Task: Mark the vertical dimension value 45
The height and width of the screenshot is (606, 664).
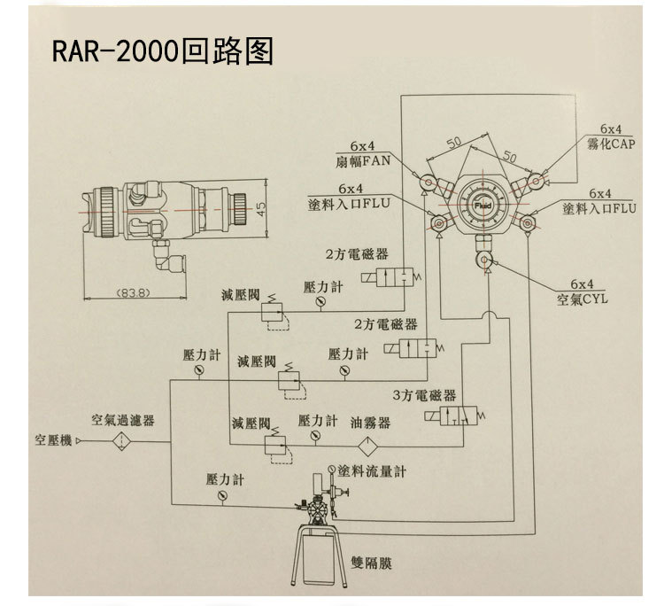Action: [259, 206]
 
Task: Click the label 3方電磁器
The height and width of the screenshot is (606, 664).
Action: [424, 395]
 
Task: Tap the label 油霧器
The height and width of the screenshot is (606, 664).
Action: [370, 423]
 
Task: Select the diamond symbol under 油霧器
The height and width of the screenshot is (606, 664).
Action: [372, 440]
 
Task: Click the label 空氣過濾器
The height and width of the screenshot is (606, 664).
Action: [123, 419]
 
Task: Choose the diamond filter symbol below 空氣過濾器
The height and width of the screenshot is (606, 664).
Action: [120, 439]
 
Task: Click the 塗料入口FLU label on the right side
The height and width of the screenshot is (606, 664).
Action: [600, 210]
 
